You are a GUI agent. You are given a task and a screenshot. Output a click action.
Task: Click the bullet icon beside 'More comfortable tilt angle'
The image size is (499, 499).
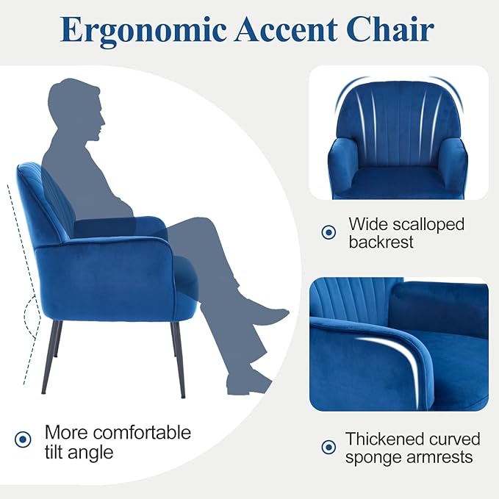point(23,439)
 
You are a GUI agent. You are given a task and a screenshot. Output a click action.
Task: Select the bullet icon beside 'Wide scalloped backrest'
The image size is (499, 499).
point(329,232)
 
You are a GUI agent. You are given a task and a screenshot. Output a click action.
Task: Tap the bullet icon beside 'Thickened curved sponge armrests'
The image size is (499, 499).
point(329,447)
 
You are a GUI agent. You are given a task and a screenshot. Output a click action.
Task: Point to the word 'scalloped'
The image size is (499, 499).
point(430,223)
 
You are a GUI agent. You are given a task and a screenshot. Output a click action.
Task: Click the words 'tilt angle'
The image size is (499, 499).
point(79,451)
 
